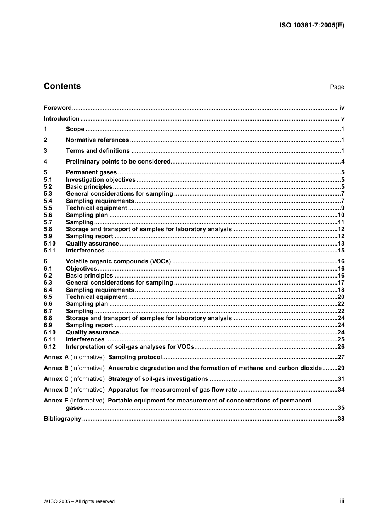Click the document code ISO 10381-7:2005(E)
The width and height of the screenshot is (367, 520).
312,26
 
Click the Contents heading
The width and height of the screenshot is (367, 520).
62,86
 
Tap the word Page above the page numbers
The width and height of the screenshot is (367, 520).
337,87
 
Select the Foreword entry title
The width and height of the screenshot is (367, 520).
58,108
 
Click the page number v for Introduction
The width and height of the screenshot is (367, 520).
342,119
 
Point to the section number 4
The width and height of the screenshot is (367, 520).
46,162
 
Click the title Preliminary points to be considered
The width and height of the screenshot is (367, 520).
118,162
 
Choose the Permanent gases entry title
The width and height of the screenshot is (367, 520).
91,172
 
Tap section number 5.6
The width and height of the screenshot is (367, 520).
48,215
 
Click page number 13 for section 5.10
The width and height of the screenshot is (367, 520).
341,244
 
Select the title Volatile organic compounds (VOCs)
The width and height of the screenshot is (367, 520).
118,261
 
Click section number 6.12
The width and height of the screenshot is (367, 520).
49,347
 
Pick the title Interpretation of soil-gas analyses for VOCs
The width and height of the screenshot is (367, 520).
130,347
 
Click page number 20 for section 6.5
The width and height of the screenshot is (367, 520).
341,297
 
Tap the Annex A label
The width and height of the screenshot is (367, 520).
56,357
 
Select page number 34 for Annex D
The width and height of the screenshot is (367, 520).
341,390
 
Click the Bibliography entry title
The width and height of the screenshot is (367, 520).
62,419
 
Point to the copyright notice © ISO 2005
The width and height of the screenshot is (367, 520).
79,501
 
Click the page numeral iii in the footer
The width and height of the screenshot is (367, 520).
342,501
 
